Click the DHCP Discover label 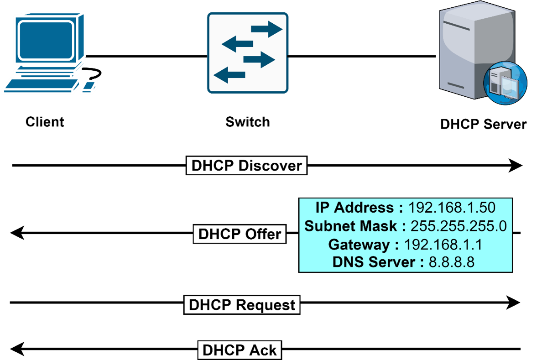click(246, 166)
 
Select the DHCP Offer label click(240, 234)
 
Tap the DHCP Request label click(242, 304)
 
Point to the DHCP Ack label click(240, 350)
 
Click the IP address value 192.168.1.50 click(452, 208)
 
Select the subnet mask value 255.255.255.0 click(459, 226)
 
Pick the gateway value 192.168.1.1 click(443, 245)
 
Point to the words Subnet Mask click(354, 226)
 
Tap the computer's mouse click(89, 86)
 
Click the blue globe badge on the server click(505, 83)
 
